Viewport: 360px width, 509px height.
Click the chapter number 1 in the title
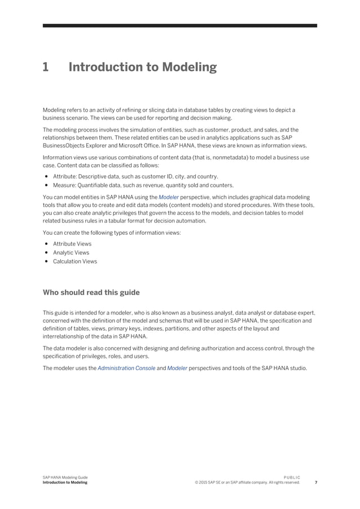(46, 68)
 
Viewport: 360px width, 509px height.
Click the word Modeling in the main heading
(190, 68)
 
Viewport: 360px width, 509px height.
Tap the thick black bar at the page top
(180, 25)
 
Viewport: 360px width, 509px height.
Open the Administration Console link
(126, 368)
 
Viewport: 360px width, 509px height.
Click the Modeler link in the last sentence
(177, 368)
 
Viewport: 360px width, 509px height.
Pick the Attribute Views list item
(72, 244)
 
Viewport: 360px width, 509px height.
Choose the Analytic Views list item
(71, 253)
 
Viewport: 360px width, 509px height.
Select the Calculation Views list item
(75, 261)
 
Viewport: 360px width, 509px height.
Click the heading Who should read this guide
(91, 292)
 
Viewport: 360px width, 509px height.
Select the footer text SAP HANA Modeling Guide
(65, 477)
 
